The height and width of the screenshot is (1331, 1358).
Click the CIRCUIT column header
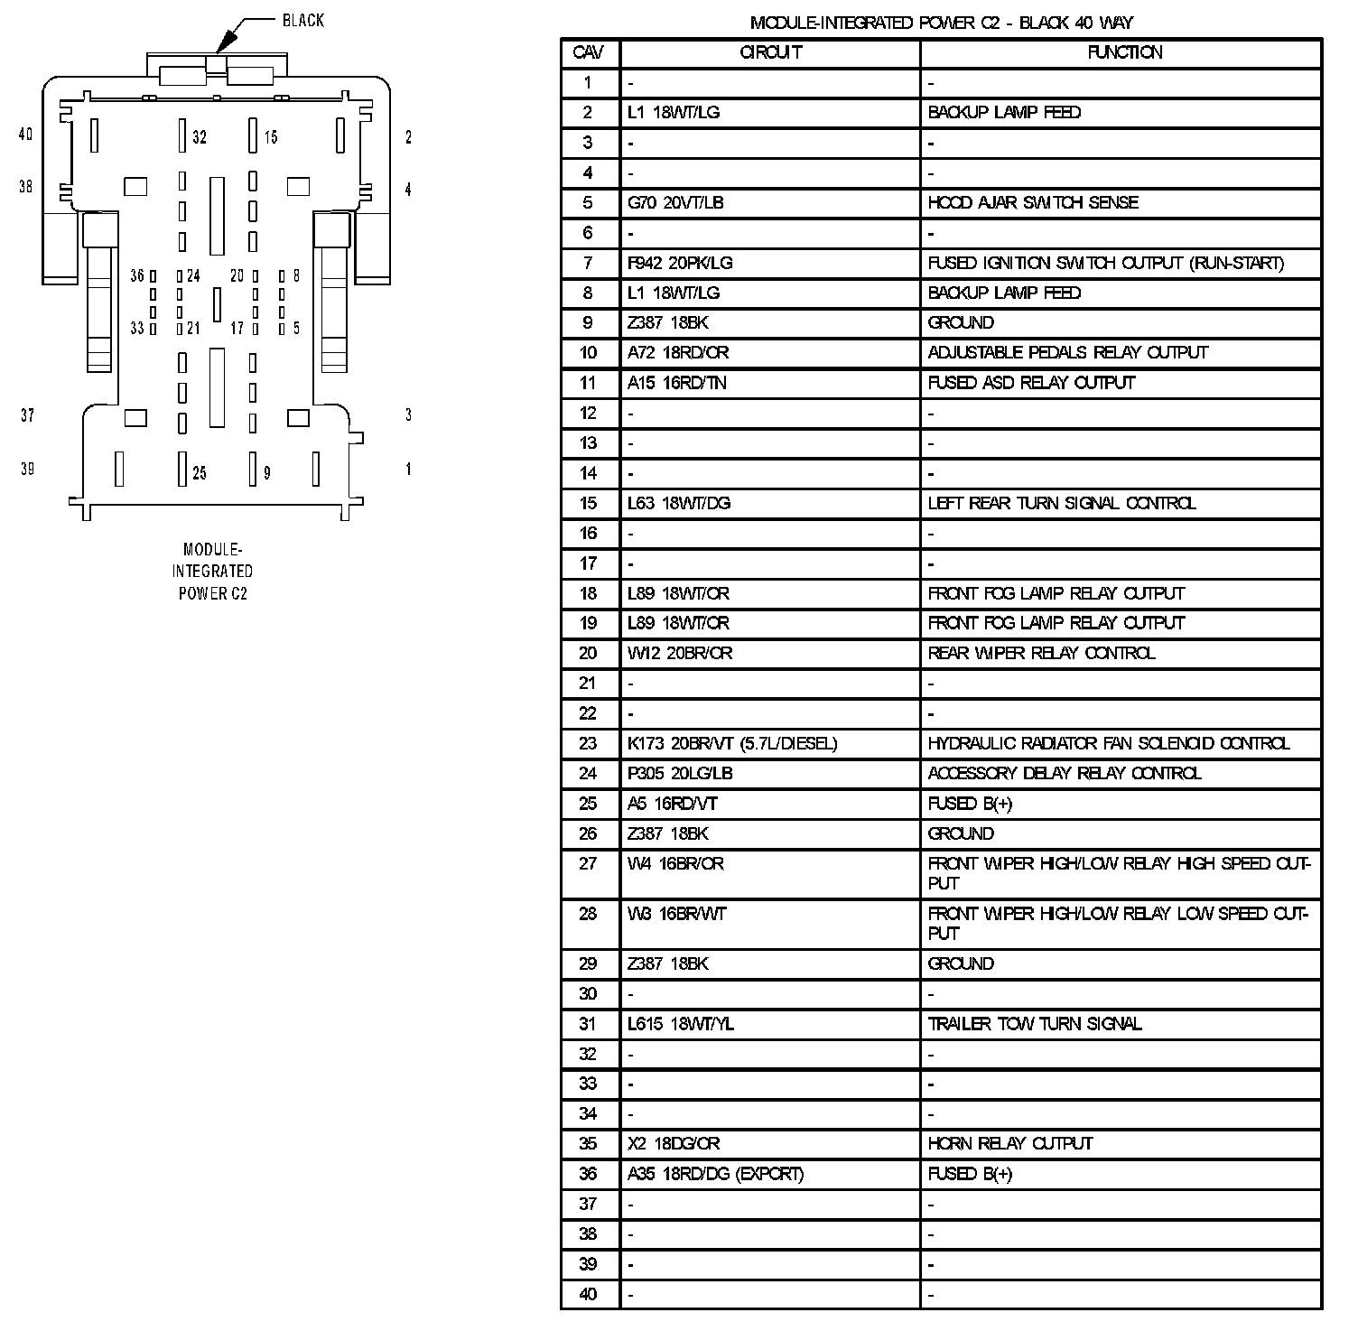[770, 52]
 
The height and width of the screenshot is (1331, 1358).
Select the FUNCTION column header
[1124, 52]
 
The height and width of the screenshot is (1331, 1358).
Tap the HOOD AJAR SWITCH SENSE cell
[1032, 202]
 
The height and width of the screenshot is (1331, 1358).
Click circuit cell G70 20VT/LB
[675, 202]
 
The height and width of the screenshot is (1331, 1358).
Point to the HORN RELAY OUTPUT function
[1009, 1143]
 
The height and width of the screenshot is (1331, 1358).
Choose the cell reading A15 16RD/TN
[676, 383]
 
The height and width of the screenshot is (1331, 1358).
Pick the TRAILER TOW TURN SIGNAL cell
[1034, 1023]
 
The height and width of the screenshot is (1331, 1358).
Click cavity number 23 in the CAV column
[588, 743]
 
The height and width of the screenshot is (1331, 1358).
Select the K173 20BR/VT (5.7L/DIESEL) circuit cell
[732, 743]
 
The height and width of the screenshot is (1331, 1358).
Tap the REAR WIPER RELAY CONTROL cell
[1040, 653]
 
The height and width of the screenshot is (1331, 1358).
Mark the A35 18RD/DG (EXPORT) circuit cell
[715, 1174]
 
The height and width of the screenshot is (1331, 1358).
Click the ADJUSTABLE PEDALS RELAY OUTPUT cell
[1067, 352]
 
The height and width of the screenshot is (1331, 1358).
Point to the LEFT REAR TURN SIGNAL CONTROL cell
[1061, 503]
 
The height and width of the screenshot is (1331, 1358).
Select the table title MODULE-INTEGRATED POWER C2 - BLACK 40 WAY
[941, 23]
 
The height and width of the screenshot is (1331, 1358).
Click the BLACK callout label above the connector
[302, 21]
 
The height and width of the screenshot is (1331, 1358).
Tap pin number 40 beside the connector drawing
[25, 135]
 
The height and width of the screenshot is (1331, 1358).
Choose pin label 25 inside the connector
[200, 472]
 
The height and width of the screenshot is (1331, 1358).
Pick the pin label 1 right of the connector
[408, 470]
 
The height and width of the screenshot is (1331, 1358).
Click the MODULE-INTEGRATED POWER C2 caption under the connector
[212, 571]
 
